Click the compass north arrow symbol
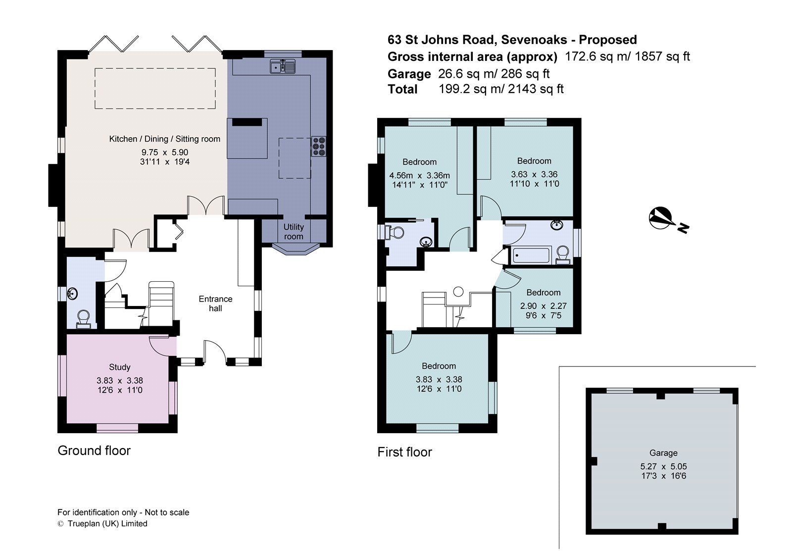[x=660, y=218]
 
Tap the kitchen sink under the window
[x=283, y=66]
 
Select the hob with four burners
[x=318, y=147]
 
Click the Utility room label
[x=294, y=231]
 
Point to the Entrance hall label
[x=215, y=304]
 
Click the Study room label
[x=119, y=367]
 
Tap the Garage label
[x=663, y=453]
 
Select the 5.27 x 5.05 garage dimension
[x=663, y=466]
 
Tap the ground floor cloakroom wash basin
[x=73, y=294]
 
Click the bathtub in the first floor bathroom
[x=531, y=255]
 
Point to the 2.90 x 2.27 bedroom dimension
[x=543, y=306]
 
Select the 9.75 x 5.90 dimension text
[x=165, y=153]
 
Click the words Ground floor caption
[x=94, y=451]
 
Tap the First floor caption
[x=404, y=452]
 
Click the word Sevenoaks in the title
[x=534, y=40]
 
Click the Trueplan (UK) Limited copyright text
[x=107, y=523]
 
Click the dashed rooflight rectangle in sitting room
[x=155, y=88]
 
